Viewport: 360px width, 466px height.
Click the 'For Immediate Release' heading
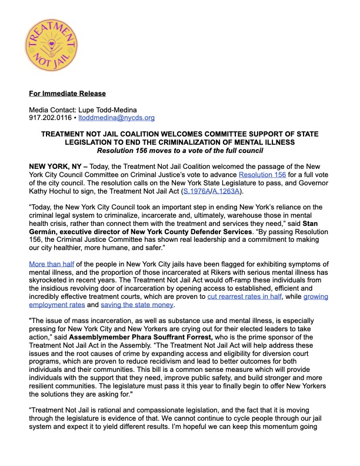click(x=68, y=94)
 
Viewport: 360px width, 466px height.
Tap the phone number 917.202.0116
click(x=51, y=118)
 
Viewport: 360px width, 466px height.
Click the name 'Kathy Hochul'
click(x=53, y=192)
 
